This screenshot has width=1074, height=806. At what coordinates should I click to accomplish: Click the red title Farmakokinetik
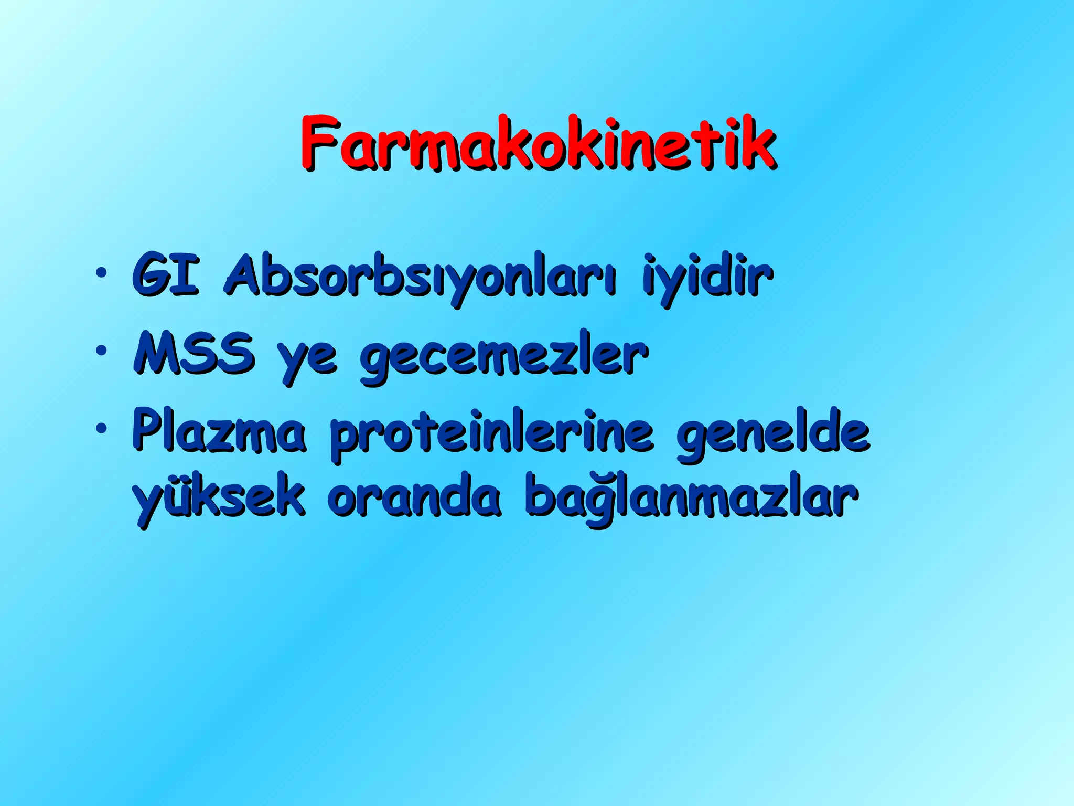coord(538,143)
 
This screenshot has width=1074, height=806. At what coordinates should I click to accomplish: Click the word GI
coord(165,275)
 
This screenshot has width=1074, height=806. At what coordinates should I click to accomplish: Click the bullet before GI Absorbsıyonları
coord(101,272)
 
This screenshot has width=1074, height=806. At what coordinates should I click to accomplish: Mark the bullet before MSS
coord(101,350)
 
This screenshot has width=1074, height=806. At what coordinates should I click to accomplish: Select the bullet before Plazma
coord(101,428)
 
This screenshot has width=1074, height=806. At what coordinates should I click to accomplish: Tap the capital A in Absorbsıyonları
coord(244,275)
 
